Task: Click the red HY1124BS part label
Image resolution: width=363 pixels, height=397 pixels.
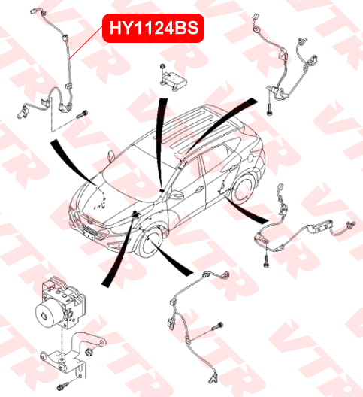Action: click(x=153, y=28)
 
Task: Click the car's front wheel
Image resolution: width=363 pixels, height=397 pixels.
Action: click(x=150, y=243)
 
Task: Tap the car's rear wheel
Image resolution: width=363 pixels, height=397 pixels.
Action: click(x=244, y=189)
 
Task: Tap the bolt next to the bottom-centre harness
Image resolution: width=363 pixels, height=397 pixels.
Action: click(x=217, y=326)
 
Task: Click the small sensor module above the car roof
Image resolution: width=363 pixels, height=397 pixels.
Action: click(x=174, y=79)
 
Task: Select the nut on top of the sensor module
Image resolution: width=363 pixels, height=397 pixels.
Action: click(x=162, y=67)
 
